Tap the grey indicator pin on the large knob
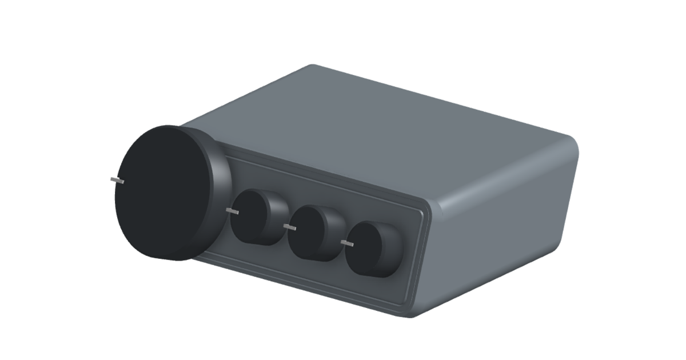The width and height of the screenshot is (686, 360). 117,180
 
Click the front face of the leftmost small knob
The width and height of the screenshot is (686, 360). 249,216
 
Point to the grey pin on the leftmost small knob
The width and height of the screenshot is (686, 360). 232,211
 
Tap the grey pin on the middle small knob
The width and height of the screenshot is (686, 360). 290,227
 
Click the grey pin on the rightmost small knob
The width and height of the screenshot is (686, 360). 347,243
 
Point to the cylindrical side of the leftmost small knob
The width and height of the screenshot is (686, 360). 278,218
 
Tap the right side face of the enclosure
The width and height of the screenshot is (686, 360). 503,229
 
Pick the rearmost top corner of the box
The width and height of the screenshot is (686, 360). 312,66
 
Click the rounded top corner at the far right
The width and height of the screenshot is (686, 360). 572,143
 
